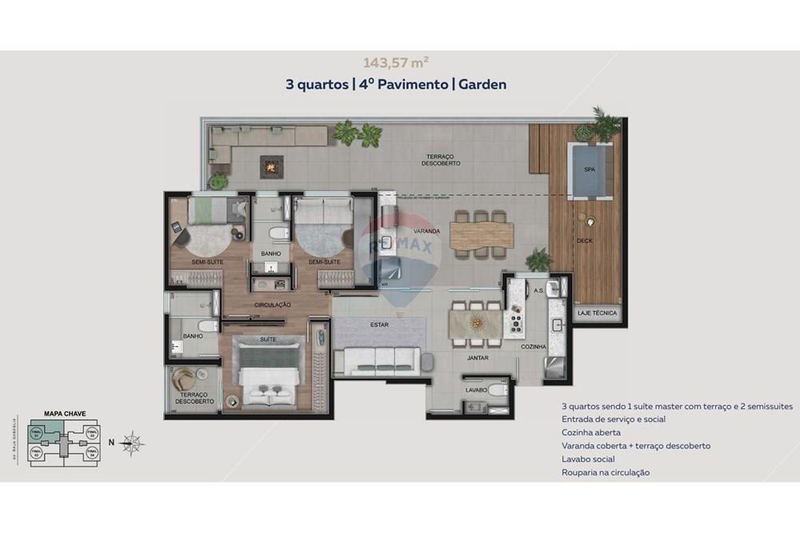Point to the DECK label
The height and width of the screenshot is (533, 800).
[585, 240]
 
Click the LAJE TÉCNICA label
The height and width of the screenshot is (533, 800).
[597, 312]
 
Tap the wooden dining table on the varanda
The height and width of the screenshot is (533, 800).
[482, 234]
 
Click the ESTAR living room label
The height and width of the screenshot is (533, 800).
[379, 325]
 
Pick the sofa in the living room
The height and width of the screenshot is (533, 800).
[377, 360]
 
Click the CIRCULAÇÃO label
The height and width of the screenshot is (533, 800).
[272, 305]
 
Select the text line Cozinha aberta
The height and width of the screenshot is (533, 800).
[591, 432]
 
